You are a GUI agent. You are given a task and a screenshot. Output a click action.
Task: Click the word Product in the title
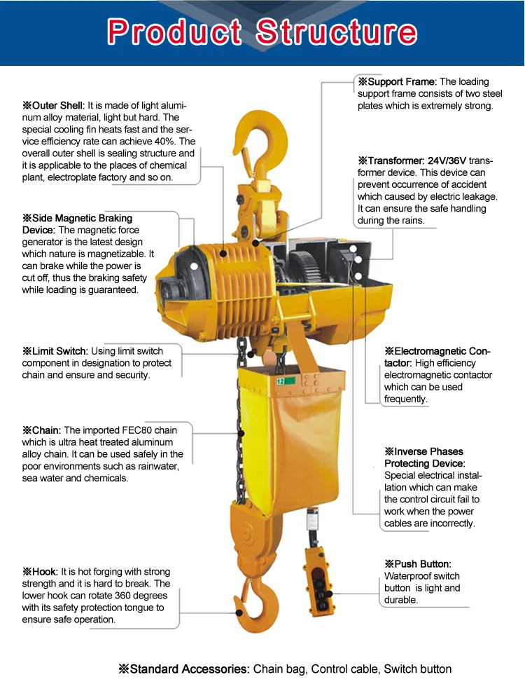(x=174, y=32)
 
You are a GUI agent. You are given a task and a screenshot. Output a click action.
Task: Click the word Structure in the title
(x=336, y=32)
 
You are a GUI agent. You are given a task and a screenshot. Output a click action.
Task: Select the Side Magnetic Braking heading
(x=77, y=218)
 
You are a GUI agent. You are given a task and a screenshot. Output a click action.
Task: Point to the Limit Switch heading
(x=55, y=350)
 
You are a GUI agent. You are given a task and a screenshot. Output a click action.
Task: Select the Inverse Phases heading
(x=423, y=451)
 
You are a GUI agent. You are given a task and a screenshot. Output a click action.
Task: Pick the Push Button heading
(x=417, y=563)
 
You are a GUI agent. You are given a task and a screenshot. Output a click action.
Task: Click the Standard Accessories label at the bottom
(x=183, y=669)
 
